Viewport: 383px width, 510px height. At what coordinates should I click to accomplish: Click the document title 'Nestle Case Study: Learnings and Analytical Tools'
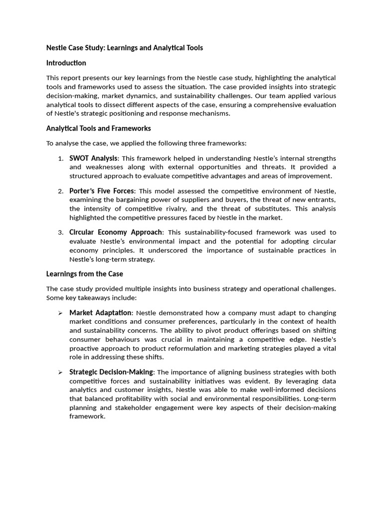[x=124, y=48]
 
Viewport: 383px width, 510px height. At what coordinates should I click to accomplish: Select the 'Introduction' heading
[x=66, y=63]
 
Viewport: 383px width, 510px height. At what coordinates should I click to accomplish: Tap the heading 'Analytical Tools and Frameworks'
[x=98, y=128]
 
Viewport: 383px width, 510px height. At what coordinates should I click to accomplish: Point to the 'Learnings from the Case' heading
[x=84, y=273]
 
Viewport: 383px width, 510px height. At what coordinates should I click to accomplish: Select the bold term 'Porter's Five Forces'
[x=102, y=191]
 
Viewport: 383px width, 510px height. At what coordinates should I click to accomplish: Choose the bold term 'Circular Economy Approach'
[x=116, y=232]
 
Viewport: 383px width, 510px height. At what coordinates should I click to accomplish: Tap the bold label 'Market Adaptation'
[x=100, y=312]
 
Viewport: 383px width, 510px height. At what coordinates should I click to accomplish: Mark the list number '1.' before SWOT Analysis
[x=60, y=158]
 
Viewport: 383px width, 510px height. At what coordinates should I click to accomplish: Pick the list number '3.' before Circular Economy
[x=60, y=233]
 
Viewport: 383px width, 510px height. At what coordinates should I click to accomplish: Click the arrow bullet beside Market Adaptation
[x=60, y=313]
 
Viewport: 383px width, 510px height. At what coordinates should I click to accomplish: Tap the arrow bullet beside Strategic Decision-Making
[x=60, y=373]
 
